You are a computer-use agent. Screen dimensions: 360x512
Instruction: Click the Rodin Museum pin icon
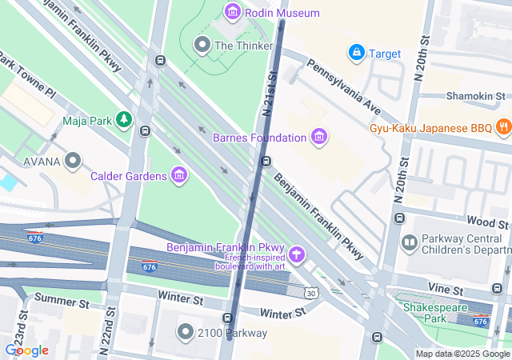233,12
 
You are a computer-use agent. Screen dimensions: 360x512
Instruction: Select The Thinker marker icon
202,45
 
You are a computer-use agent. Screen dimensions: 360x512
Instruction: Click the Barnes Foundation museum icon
319,137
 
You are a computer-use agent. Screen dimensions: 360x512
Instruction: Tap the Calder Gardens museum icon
178,174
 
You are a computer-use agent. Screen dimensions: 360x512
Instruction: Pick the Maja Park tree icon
123,120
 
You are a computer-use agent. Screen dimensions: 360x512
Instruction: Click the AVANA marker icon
74,162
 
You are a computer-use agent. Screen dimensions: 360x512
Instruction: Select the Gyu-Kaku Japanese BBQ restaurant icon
503,126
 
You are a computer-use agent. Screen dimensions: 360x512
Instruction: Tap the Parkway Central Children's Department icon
409,242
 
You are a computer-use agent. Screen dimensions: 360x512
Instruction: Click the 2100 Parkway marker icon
186,331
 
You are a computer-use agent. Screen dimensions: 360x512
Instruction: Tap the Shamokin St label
471,95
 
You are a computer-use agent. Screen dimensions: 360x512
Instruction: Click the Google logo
26,350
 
